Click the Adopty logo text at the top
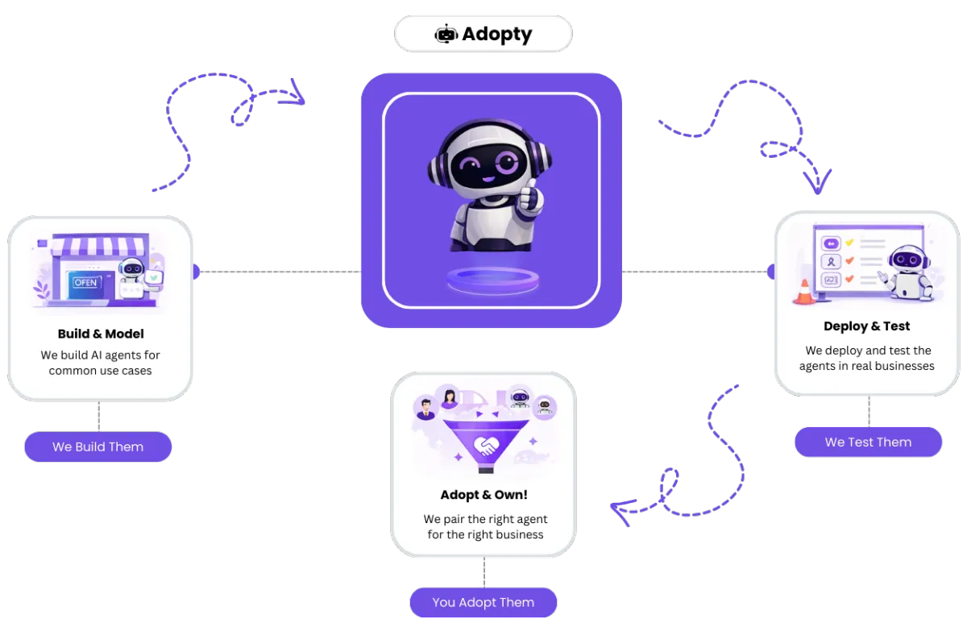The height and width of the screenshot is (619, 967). point(497,35)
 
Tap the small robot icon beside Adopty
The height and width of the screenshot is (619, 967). point(446,34)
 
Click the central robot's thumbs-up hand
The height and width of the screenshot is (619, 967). point(529,197)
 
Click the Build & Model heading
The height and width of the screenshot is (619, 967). point(101,334)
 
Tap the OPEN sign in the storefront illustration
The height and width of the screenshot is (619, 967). point(85,282)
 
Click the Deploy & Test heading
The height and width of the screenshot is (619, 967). point(866,326)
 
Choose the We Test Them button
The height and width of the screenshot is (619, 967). point(868,442)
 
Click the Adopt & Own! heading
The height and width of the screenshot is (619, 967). point(483,495)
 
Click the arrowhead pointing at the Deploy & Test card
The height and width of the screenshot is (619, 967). point(819,185)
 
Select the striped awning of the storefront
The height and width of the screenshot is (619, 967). point(100,246)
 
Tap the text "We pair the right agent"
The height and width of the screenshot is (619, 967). point(485,519)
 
